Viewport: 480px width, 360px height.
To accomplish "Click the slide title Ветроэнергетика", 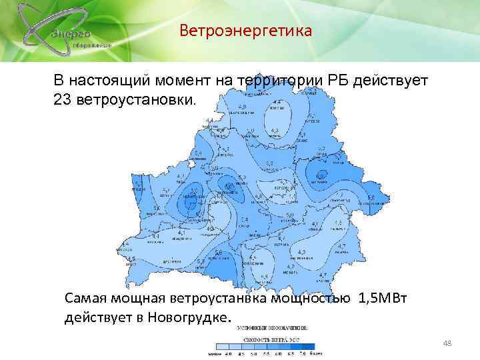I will click(x=246, y=31).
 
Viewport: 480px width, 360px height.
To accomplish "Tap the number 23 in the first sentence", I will click(x=61, y=99).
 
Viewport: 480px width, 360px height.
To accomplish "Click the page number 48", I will click(x=447, y=343).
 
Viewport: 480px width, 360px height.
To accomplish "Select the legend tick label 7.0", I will click(x=303, y=353).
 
